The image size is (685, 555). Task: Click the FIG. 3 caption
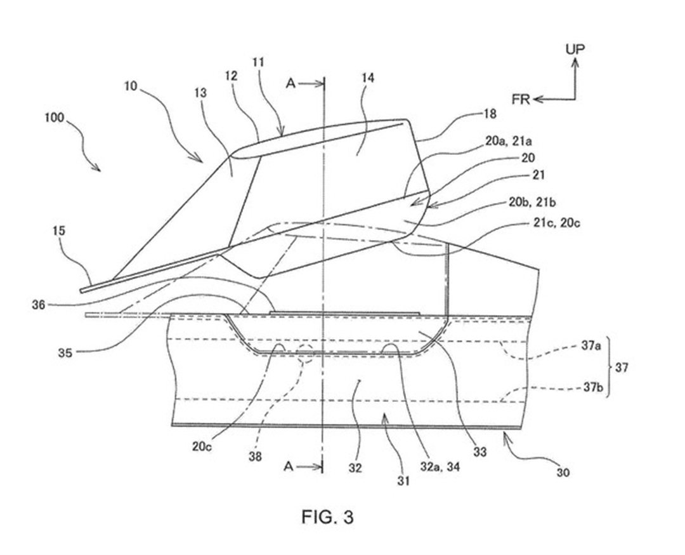pos(327,517)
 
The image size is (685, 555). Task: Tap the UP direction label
pos(575,50)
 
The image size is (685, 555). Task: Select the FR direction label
pos(521,100)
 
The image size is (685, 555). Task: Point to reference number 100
pos(54,118)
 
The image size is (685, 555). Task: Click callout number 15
pos(58,231)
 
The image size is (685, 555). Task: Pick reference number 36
pos(39,305)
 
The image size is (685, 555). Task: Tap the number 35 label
pos(65,352)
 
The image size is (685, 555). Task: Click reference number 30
pos(563,472)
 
